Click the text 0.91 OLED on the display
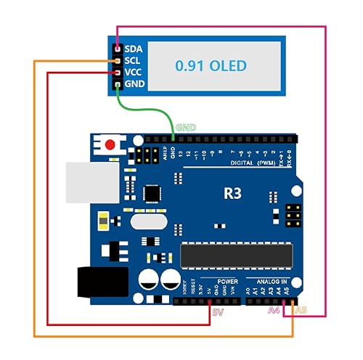211,66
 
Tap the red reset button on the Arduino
110,145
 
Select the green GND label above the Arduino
181,128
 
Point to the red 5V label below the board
218,312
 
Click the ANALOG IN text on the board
272,280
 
